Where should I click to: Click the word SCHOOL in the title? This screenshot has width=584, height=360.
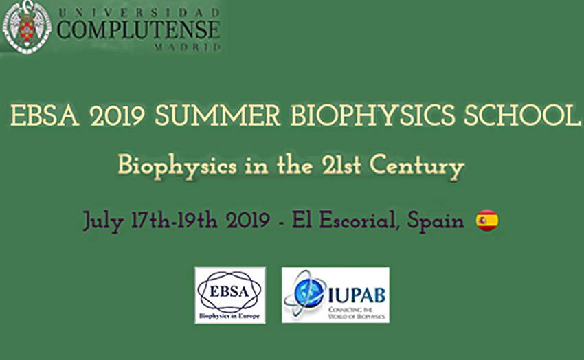tap(528, 115)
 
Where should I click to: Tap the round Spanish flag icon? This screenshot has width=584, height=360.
tap(487, 221)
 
